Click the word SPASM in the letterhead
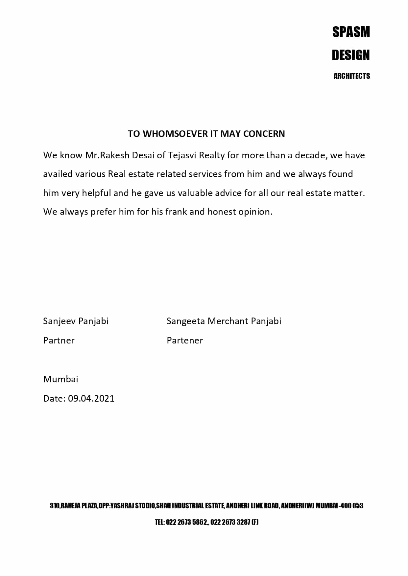coord(351,32)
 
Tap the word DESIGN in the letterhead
coord(350,55)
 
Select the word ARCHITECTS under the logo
coord(351,76)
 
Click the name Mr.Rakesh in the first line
coord(107,155)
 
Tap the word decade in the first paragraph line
coord(311,155)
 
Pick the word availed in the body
coord(58,174)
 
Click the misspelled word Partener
coord(185,341)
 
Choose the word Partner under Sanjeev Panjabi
coord(59,341)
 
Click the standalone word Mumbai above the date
coord(61,379)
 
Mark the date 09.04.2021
coord(91,399)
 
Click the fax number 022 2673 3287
coord(230,522)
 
